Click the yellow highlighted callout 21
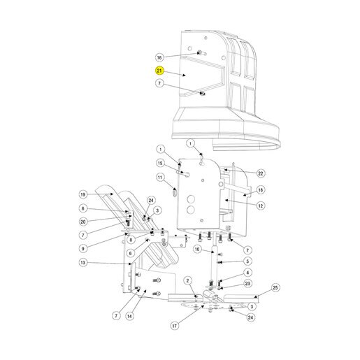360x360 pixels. [x=159, y=71]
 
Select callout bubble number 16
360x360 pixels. [x=159, y=57]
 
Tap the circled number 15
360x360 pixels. [x=160, y=163]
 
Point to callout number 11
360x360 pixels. [x=160, y=178]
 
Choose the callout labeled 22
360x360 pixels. [x=261, y=173]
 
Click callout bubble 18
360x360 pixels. [x=261, y=190]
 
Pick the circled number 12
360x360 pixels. [x=261, y=206]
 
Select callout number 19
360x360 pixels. [x=83, y=194]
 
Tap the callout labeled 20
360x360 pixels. [x=83, y=222]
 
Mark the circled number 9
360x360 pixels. [x=83, y=249]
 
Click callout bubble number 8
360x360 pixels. [x=131, y=240]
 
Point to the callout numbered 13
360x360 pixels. [x=83, y=263]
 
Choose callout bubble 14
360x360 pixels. [x=129, y=316]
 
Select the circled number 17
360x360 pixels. [x=175, y=326]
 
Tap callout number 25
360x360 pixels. [x=275, y=288]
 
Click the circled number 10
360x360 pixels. [x=197, y=250]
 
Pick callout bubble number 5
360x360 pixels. [x=247, y=261]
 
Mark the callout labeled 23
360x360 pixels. [x=247, y=284]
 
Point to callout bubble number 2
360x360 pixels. [x=188, y=281]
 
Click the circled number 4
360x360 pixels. [x=247, y=273]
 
